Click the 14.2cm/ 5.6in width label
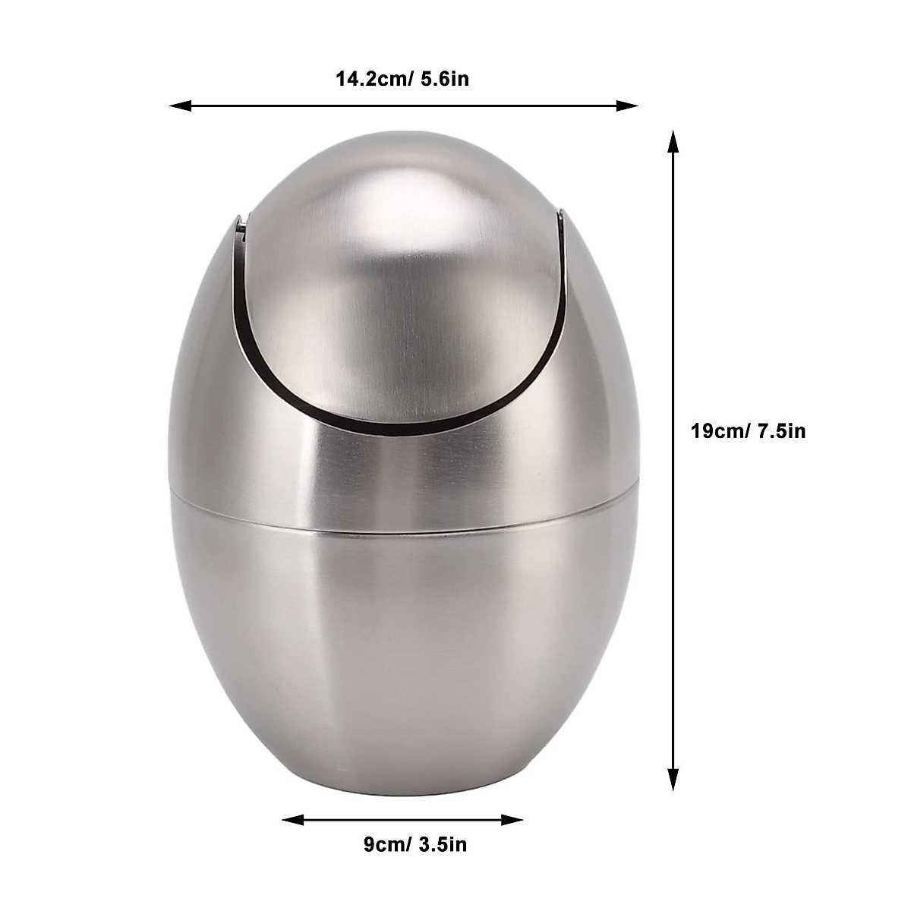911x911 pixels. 402,78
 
